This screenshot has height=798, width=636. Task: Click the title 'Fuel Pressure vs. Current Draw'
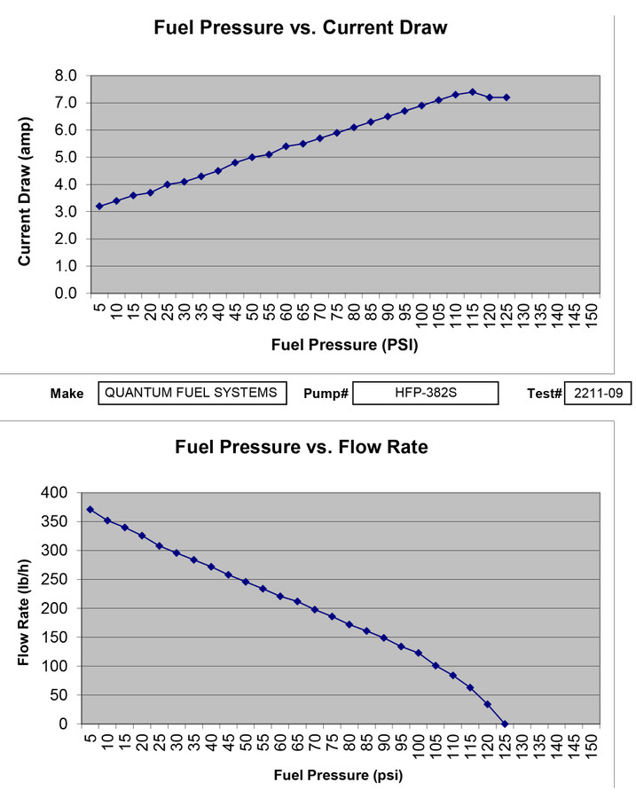[301, 27]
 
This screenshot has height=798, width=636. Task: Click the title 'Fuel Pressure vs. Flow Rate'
[302, 447]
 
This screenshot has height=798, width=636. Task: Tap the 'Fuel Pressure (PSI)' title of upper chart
[345, 347]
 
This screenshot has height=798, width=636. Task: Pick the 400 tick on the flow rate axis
[56, 492]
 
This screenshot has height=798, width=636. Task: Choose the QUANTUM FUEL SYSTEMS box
[192, 393]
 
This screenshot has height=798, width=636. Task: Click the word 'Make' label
[67, 394]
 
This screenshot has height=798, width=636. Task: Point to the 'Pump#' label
[326, 394]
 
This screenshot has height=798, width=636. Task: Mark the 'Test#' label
[545, 394]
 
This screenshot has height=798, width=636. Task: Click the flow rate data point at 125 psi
[505, 724]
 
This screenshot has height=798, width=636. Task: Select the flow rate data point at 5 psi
[90, 509]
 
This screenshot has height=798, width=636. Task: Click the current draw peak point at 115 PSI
[473, 91]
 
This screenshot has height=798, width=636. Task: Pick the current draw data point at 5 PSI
[99, 206]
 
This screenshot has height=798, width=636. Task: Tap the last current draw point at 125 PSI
[506, 97]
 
